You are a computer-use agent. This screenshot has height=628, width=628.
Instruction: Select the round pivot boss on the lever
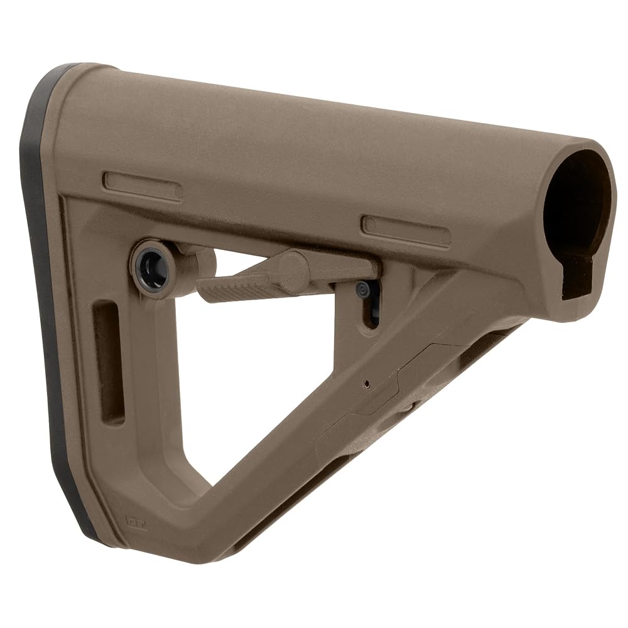coord(291,268)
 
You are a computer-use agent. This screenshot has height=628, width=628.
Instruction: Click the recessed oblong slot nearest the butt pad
coord(143,187)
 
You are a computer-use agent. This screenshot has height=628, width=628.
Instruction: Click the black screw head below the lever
coord(363,290)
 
